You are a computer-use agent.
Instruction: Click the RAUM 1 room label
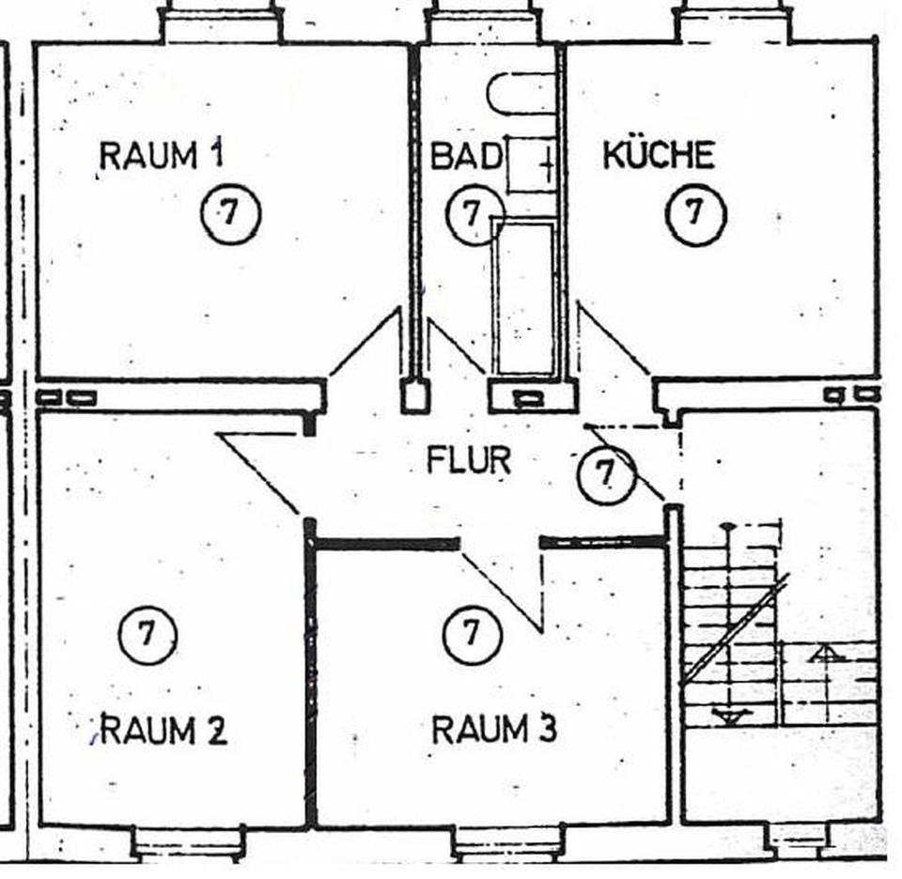[x=162, y=155]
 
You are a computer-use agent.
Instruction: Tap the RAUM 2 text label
[x=163, y=730]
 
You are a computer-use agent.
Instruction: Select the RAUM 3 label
[x=493, y=729]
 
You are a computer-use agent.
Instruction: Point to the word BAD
[x=466, y=156]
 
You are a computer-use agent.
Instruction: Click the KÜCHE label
[x=658, y=155]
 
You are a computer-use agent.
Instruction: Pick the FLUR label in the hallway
[x=469, y=461]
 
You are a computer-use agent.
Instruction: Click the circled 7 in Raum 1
[x=230, y=214]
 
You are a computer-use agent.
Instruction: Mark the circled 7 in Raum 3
[x=472, y=634]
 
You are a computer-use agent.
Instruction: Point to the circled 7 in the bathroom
[x=470, y=214]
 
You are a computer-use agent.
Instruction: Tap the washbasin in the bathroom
[x=532, y=164]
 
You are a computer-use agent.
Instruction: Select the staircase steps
[x=733, y=625]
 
